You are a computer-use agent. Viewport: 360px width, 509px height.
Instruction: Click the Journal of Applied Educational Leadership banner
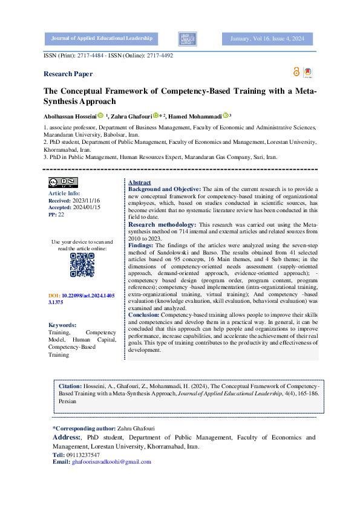(102, 39)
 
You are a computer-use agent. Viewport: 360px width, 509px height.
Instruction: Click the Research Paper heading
(68, 74)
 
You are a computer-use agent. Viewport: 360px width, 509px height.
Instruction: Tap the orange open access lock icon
(296, 72)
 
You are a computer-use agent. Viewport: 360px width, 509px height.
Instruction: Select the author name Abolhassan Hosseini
(70, 116)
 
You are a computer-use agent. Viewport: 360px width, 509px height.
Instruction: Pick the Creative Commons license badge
(63, 182)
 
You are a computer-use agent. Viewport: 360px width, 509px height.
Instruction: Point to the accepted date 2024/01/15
(86, 207)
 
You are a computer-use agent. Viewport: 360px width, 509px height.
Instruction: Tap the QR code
(82, 264)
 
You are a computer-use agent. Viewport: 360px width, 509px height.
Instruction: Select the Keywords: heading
(62, 325)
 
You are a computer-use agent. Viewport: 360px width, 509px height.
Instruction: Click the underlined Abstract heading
(140, 183)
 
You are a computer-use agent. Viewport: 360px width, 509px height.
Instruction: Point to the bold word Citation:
(70, 385)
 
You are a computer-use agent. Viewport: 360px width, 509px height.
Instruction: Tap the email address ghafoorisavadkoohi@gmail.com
(111, 462)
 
